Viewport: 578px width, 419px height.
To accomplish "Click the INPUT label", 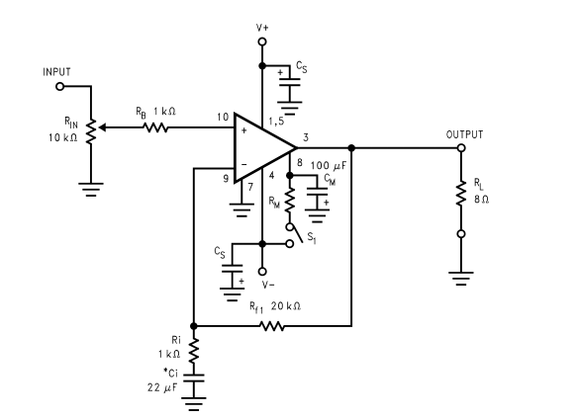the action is click(x=56, y=72).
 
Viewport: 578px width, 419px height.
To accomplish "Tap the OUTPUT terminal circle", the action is click(x=461, y=148).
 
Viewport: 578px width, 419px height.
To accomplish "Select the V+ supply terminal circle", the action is click(x=262, y=42).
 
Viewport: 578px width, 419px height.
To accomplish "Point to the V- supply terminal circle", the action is click(x=262, y=272).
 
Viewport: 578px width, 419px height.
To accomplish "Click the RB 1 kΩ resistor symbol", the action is click(x=155, y=127).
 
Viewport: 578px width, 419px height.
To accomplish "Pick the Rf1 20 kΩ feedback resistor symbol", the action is click(x=271, y=326).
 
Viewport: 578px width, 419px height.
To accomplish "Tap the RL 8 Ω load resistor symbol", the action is click(x=461, y=193).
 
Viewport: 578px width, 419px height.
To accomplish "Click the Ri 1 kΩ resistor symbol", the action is click(x=194, y=350).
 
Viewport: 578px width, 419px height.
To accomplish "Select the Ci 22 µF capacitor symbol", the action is click(x=194, y=378).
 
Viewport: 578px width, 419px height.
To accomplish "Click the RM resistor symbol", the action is click(x=290, y=200).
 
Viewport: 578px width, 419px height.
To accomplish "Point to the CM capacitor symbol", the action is click(x=317, y=194).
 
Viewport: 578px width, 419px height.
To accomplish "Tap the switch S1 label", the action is click(x=312, y=238).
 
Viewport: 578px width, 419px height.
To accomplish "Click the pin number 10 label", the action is click(x=223, y=117).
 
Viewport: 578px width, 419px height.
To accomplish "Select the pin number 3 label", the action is click(x=306, y=137).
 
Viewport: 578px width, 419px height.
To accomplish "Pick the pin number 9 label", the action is click(x=226, y=179).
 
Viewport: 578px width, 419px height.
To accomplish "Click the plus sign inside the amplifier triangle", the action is click(x=243, y=130).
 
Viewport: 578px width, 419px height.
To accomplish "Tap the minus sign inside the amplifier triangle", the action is click(x=243, y=165).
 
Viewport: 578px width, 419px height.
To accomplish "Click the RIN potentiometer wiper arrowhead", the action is click(x=103, y=127).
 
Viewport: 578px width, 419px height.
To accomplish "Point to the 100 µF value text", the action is click(x=329, y=166).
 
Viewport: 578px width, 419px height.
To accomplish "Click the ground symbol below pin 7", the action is click(x=241, y=209).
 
